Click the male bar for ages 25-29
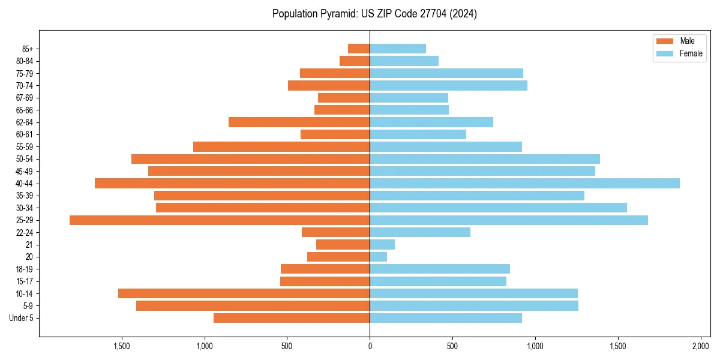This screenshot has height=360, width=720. (x=220, y=220)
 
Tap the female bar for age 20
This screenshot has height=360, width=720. (x=379, y=257)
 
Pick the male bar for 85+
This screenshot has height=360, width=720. (x=359, y=49)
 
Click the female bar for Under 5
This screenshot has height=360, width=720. (x=446, y=318)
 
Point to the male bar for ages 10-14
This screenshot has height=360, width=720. (x=244, y=293)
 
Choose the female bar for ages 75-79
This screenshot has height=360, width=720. (x=446, y=73)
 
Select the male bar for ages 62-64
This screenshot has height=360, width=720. (x=299, y=122)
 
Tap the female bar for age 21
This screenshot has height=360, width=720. (x=382, y=245)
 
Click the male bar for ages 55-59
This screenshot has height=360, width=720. (x=281, y=147)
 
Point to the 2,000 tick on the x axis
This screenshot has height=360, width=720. (x=701, y=346)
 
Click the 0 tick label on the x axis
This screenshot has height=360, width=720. (x=370, y=346)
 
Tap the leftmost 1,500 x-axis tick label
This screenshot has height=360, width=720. (x=122, y=346)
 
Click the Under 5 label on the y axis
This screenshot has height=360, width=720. (x=21, y=318)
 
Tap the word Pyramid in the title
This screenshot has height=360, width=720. (x=338, y=14)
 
